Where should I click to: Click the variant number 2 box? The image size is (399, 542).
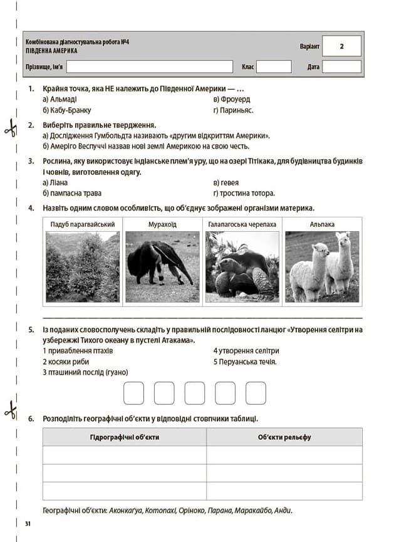click(x=341, y=46)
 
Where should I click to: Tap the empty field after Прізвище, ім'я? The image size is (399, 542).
click(x=151, y=66)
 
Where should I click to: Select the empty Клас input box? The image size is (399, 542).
click(x=274, y=66)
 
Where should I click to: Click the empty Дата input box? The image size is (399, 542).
click(x=341, y=66)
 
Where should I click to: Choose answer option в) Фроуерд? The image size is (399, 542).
click(x=231, y=99)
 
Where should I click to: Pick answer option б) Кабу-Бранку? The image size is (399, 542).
click(x=67, y=110)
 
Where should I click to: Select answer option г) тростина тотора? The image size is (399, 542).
click(x=244, y=193)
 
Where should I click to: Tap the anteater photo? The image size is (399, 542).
click(x=162, y=267)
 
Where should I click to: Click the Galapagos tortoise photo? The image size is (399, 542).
click(x=242, y=267)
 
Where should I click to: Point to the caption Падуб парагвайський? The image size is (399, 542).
click(x=82, y=224)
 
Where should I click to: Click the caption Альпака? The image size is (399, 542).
click(x=322, y=224)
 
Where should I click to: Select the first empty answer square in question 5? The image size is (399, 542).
click(x=134, y=393)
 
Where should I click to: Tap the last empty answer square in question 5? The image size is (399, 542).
click(x=256, y=393)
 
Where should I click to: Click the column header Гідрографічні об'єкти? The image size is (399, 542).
click(x=125, y=437)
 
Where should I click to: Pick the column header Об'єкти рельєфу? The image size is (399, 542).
click(x=284, y=437)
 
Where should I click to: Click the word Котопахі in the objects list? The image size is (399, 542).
click(x=160, y=510)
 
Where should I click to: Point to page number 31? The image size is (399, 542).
click(x=27, y=523)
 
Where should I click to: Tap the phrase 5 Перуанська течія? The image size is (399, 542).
click(x=245, y=362)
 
